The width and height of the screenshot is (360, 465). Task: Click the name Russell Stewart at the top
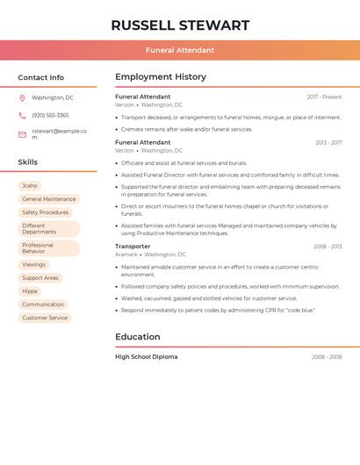[x=180, y=25]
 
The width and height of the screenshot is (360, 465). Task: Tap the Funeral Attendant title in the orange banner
[x=180, y=50]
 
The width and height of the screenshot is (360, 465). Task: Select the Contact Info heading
[x=40, y=77]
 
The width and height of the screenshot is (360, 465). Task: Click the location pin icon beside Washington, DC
[x=22, y=98]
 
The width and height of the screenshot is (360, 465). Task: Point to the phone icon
[x=22, y=115]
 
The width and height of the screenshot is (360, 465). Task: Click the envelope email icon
[x=22, y=134]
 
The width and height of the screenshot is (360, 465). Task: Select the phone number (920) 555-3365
[x=50, y=115]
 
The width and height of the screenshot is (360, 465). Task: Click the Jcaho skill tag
[x=30, y=186]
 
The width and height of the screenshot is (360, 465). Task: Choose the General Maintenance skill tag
[x=48, y=199]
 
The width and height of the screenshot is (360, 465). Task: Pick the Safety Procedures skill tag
[x=45, y=212]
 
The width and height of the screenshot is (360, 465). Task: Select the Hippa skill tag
[x=30, y=291]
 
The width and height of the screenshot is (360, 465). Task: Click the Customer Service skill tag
[x=45, y=318]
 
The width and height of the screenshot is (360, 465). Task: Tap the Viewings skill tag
[x=33, y=265]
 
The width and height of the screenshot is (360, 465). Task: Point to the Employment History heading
[x=161, y=77]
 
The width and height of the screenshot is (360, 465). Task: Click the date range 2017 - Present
[x=324, y=97]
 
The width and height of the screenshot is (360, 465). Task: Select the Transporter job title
[x=133, y=247]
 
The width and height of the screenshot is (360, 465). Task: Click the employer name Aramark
[x=126, y=254]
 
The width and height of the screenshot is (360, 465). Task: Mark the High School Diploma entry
[x=146, y=357]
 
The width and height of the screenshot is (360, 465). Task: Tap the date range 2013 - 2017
[x=328, y=142]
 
